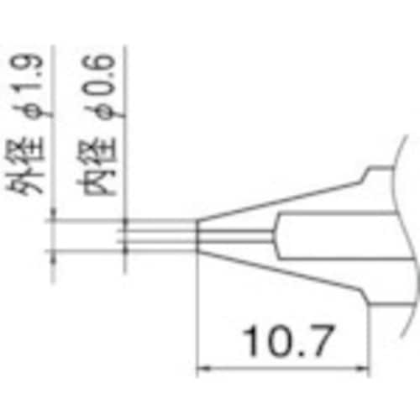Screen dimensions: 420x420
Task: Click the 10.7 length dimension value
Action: [x=283, y=340]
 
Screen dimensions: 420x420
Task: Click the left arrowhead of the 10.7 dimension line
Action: [x=202, y=367]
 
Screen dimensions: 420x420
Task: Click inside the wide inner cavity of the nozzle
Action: [x=336, y=235]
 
